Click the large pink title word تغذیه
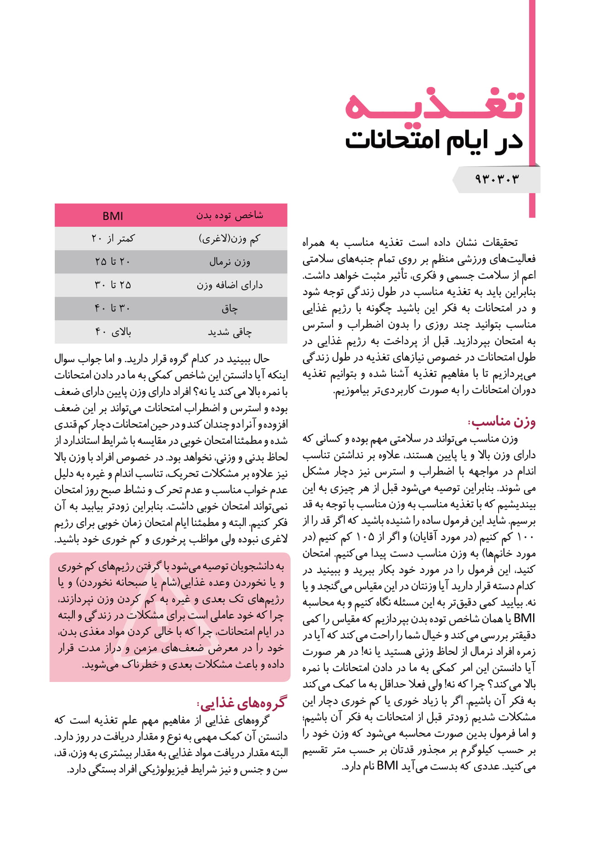click(x=434, y=105)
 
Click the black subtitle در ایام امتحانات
click(x=434, y=140)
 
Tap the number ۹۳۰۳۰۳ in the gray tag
click(x=496, y=179)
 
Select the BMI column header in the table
click(x=113, y=216)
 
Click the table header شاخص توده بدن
click(x=229, y=215)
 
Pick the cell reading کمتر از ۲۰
click(x=113, y=239)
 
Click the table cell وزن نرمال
click(x=229, y=262)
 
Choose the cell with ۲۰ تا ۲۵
click(x=113, y=262)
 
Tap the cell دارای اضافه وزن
click(x=229, y=285)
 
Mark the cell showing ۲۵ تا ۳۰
click(x=113, y=285)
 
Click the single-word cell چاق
click(x=229, y=309)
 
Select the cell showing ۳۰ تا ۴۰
click(x=113, y=309)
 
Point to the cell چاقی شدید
click(x=229, y=332)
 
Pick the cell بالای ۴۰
click(x=113, y=332)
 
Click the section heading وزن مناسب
click(x=502, y=422)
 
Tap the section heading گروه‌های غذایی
click(x=242, y=702)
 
